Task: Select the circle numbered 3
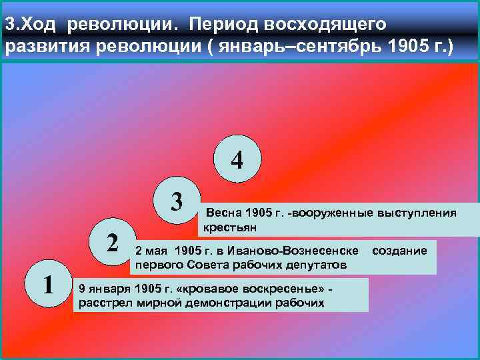(x=176, y=200)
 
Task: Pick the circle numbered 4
(x=237, y=161)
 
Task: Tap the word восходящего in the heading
(x=326, y=24)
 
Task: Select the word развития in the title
(x=42, y=47)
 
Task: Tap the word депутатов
(x=313, y=265)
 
